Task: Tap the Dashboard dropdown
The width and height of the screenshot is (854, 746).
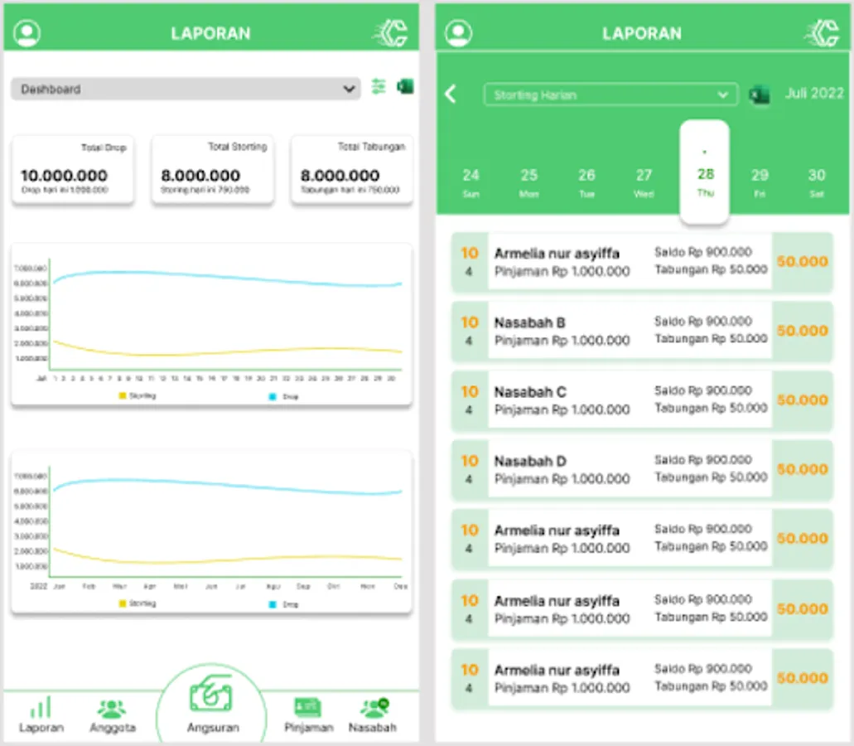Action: tap(185, 89)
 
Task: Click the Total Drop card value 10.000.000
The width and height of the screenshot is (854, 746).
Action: tap(64, 176)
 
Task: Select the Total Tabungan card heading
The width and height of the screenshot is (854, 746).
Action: tap(371, 147)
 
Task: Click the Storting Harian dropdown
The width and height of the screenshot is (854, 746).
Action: tap(610, 94)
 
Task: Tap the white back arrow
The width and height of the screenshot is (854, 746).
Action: tap(451, 94)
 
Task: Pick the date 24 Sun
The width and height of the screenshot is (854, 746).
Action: tap(470, 182)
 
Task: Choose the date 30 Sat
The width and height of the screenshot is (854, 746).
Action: tap(817, 182)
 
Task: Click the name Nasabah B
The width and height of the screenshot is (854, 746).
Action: tap(530, 322)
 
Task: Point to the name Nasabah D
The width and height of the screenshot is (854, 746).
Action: tap(530, 461)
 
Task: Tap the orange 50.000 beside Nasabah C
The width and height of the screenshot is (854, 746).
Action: tap(802, 400)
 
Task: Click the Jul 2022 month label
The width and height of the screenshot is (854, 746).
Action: tap(813, 93)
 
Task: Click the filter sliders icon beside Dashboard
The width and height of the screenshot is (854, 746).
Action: tap(379, 86)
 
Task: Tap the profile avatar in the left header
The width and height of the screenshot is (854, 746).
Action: tap(27, 33)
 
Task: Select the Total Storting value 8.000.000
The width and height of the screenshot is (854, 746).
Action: tap(200, 176)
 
